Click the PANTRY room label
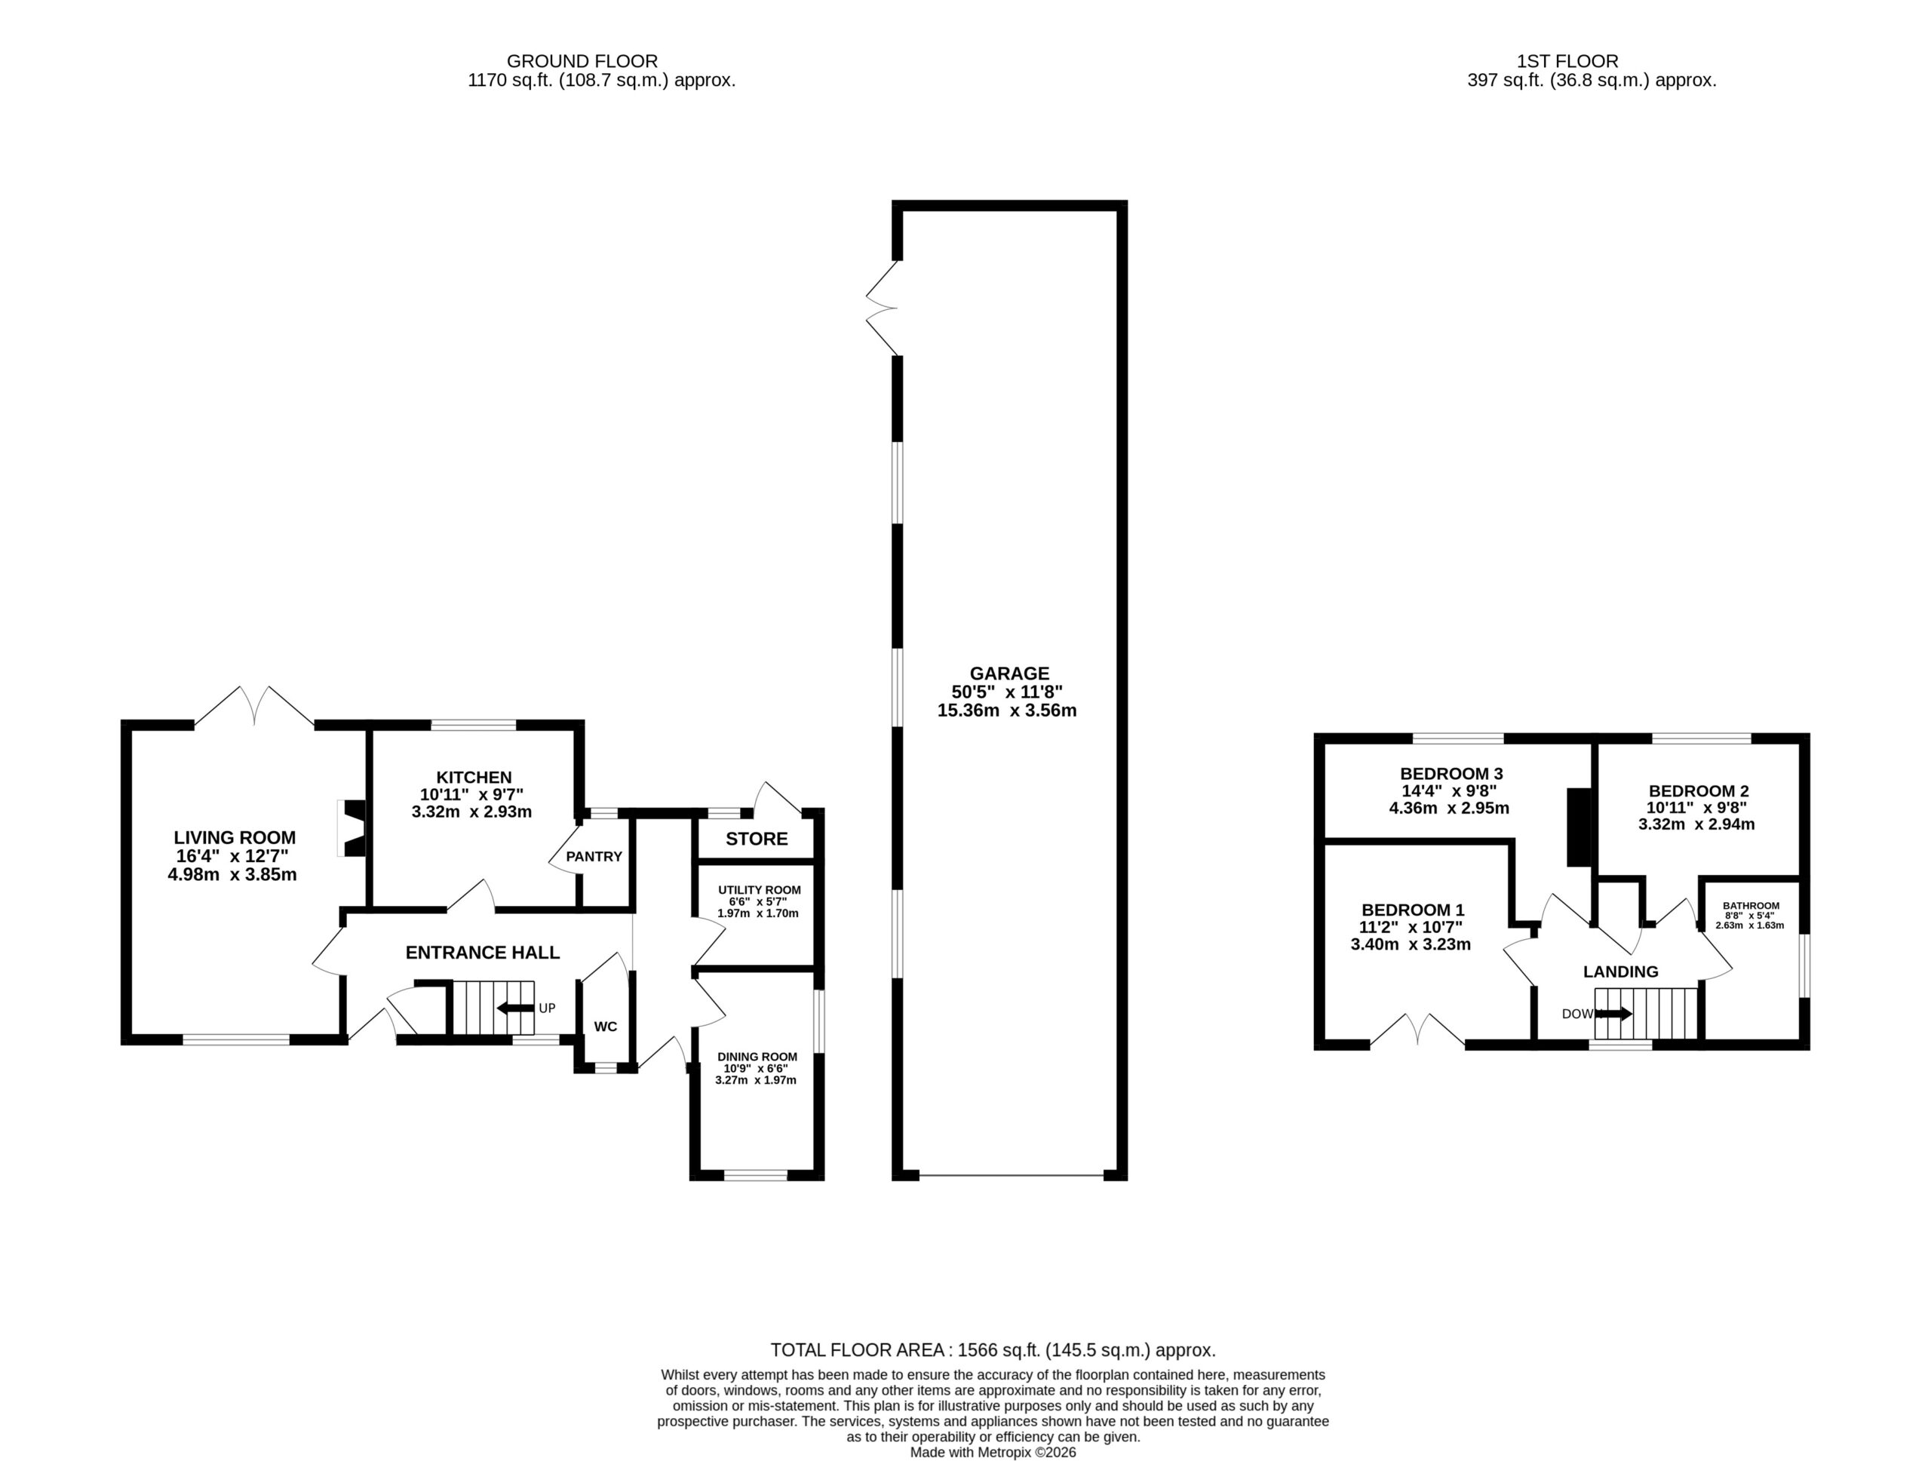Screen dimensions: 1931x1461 tap(594, 856)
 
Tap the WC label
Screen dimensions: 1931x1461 tap(606, 1027)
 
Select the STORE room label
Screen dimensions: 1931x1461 tap(757, 839)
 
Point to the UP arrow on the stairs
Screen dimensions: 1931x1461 tap(516, 1008)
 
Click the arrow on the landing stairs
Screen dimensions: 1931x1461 tap(1613, 1014)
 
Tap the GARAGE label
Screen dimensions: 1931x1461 tap(1009, 674)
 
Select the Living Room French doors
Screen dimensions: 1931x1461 tap(254, 706)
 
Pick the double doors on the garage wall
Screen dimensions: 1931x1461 tap(882, 308)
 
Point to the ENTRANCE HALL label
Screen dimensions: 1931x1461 tap(483, 952)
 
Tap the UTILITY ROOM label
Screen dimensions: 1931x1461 tap(760, 890)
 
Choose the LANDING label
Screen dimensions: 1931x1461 tap(1621, 971)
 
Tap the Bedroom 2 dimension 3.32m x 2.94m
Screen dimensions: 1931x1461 tap(1697, 824)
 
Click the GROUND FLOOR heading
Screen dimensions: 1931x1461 tap(582, 61)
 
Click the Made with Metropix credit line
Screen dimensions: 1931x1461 tap(993, 1452)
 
